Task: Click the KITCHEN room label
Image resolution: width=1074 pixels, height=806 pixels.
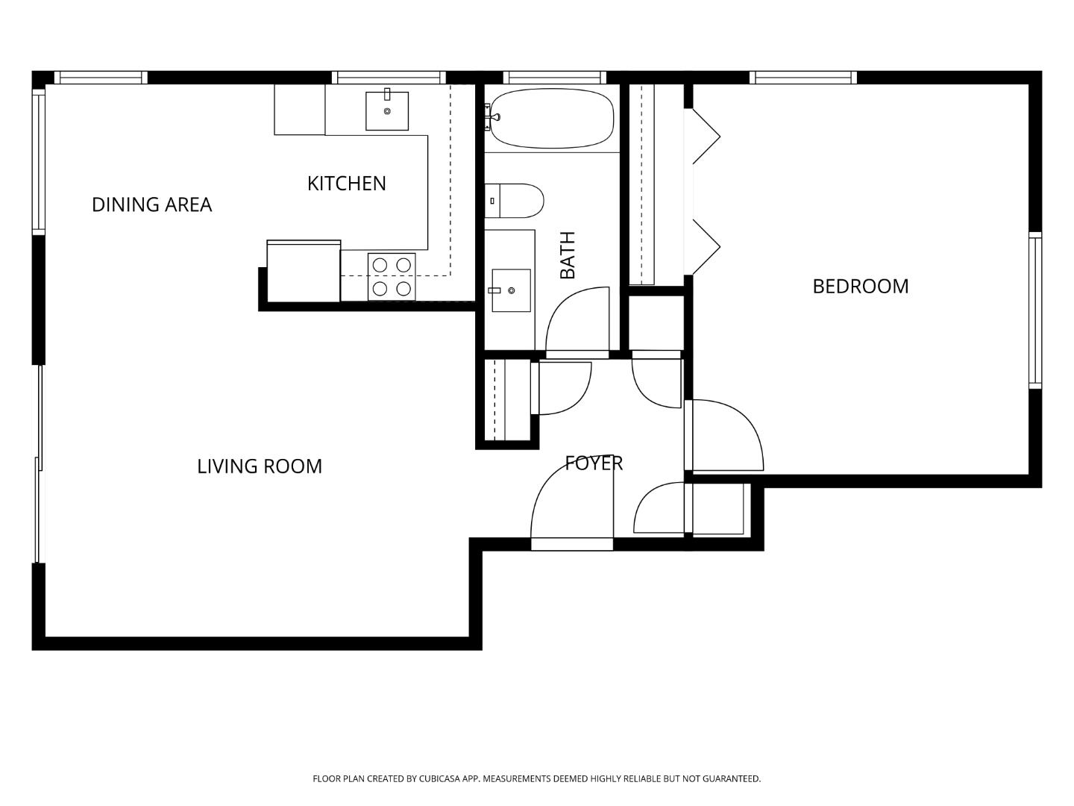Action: click(346, 184)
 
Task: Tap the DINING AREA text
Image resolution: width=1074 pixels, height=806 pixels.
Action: click(151, 204)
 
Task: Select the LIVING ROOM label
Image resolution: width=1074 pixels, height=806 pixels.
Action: click(260, 466)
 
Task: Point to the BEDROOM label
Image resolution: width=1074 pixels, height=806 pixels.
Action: click(860, 287)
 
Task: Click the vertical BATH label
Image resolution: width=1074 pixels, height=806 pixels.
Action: click(568, 255)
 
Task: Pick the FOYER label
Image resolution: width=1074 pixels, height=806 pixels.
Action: click(594, 463)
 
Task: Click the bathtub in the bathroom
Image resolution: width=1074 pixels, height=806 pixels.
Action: click(552, 119)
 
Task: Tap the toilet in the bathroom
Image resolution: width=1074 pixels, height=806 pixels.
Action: click(514, 201)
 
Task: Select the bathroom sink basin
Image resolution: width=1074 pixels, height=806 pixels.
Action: click(512, 290)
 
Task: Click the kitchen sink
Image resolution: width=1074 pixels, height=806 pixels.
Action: click(387, 110)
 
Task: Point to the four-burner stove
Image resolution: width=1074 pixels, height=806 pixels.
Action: click(392, 277)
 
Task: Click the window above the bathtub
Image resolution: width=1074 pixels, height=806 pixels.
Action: click(554, 78)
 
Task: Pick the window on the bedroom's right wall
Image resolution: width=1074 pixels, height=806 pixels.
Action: click(1035, 310)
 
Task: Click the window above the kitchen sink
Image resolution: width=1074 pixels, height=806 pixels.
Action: click(389, 78)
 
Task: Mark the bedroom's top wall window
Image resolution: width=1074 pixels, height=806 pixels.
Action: click(803, 78)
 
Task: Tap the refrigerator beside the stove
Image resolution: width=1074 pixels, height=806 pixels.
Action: click(304, 271)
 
